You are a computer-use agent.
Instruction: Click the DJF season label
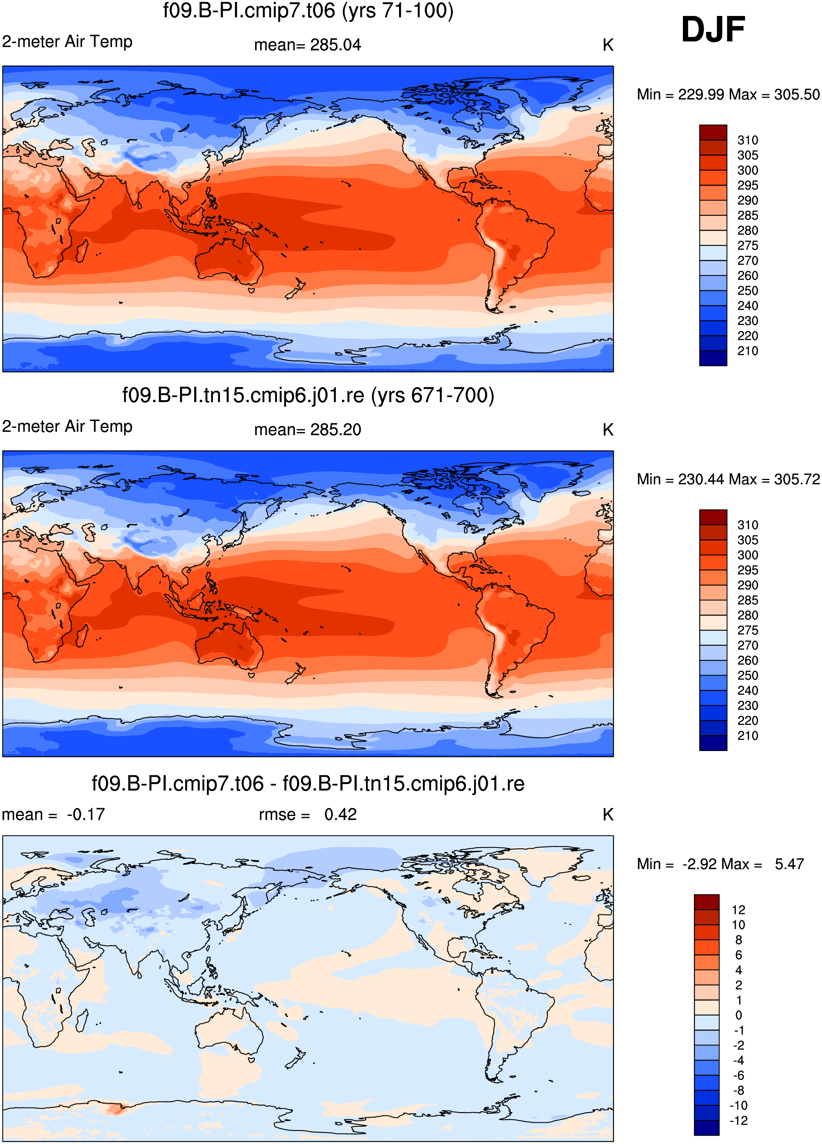coord(713,29)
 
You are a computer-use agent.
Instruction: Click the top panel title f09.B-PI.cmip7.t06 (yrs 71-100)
coord(308,11)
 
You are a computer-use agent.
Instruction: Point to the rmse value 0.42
coord(341,814)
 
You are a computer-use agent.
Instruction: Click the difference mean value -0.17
coord(86,814)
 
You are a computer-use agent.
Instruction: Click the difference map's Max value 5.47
coord(789,864)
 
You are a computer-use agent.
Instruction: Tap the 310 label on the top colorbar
coord(748,140)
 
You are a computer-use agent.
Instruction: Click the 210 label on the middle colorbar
coord(748,735)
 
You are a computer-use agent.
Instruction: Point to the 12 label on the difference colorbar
coord(738,910)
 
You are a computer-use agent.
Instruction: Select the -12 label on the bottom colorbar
coord(738,1120)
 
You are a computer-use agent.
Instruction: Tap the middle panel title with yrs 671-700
coord(308,395)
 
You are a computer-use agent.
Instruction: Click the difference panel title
coord(308,783)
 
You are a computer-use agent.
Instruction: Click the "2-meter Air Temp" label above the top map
coord(67,41)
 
